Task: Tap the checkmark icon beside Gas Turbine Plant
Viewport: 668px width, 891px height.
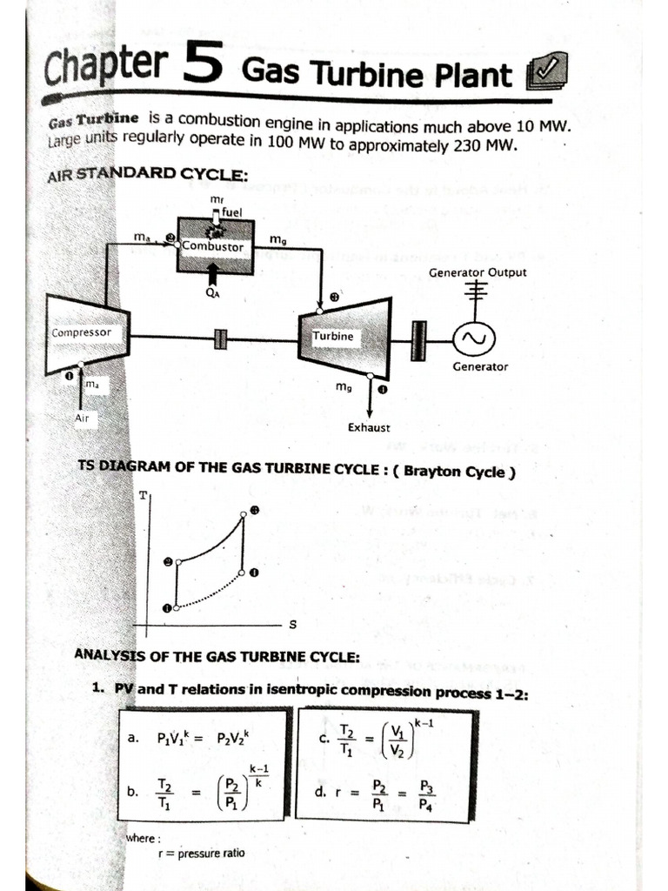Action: coord(547,73)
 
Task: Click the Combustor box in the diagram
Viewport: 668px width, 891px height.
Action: coord(215,245)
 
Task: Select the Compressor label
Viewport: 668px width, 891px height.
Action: coord(82,332)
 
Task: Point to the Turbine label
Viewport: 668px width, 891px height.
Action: coord(333,335)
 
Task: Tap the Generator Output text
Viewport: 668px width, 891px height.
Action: coord(478,272)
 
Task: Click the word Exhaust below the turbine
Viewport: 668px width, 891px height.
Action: coord(369,427)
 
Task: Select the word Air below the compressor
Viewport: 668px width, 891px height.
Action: coord(82,418)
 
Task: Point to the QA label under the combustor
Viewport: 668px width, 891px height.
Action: coord(212,293)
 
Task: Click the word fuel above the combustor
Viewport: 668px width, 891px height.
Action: coord(232,211)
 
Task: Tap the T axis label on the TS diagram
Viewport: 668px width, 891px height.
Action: coord(143,495)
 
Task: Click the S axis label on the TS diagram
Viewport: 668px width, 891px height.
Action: coord(292,624)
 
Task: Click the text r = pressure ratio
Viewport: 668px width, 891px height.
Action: coord(201,853)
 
